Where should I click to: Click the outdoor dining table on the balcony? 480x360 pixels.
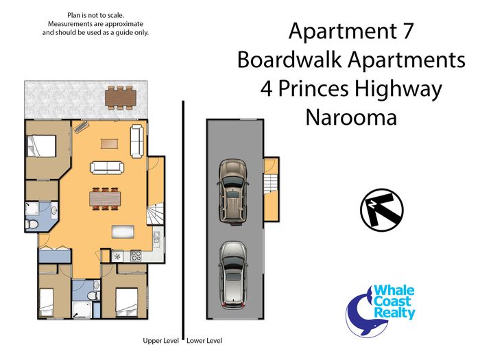pos(121,97)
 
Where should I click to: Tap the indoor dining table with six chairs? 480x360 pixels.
pos(105,199)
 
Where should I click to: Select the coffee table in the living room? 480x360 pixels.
pos(109,144)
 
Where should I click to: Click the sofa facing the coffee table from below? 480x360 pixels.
pos(107,168)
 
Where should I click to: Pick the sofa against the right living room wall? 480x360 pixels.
pos(137,141)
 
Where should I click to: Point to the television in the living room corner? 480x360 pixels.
pos(81,126)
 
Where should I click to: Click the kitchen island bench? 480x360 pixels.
pos(123,232)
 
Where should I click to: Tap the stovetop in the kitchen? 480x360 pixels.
pos(136,256)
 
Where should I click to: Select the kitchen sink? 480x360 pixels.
pos(157,237)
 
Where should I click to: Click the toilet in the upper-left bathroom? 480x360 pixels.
pos(31,225)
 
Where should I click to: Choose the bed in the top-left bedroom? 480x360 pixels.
pos(41,146)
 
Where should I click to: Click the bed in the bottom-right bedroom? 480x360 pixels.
pos(126,303)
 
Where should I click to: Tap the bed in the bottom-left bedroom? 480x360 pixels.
pos(47,303)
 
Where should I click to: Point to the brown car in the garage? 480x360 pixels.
pos(232,192)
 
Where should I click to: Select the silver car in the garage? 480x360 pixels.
pos(233,275)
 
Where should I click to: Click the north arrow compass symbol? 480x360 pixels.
pos(381,210)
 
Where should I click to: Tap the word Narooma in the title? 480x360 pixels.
pos(351,117)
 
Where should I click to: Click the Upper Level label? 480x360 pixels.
pos(160,341)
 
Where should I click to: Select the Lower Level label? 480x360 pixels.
pos(204,341)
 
